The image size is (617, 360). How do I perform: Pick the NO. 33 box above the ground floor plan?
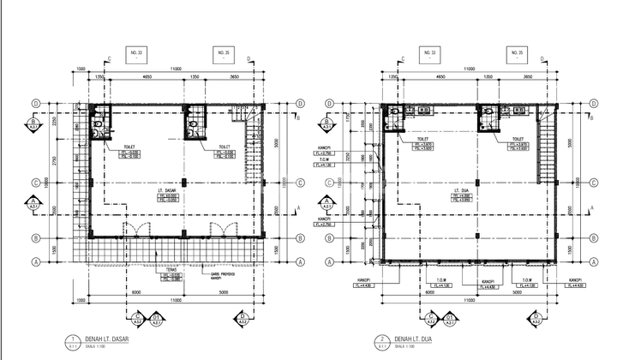[135, 56]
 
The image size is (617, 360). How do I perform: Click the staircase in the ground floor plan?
[252, 146]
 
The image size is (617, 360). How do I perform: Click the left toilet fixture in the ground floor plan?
[99, 124]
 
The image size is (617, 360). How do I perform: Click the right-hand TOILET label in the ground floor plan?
[225, 146]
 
